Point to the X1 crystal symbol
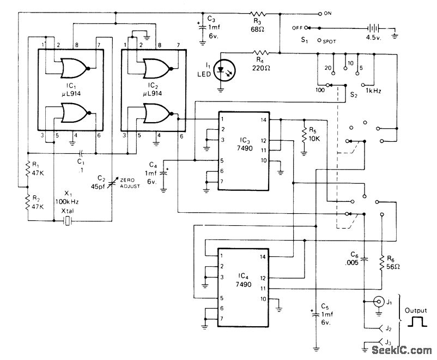(66, 220)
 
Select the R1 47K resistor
(27, 170)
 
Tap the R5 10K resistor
(304, 133)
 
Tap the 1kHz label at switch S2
(374, 90)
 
